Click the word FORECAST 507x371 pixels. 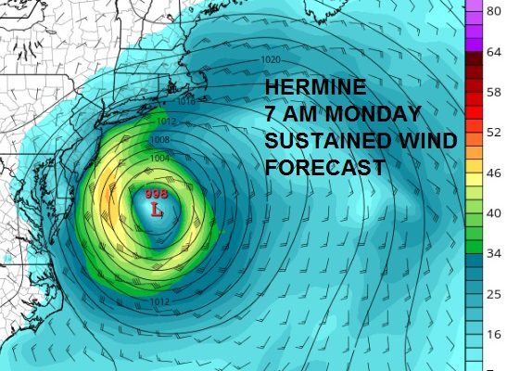tap(324, 169)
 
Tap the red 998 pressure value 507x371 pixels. tap(156, 193)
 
